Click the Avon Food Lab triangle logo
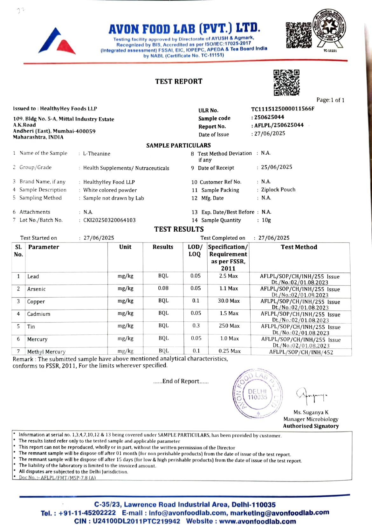57,41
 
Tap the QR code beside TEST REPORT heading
286,83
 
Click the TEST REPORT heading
179,81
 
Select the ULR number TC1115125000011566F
283,109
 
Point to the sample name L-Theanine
97,154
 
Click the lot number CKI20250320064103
109,220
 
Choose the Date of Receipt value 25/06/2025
277,167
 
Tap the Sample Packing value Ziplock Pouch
278,190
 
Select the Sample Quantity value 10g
266,220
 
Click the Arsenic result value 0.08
163,288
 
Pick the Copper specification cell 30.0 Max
229,301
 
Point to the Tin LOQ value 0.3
196,326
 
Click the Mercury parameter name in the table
37,339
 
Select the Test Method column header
299,247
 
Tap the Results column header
163,247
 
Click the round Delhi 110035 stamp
258,394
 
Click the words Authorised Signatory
311,426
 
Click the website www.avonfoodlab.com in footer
258,521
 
